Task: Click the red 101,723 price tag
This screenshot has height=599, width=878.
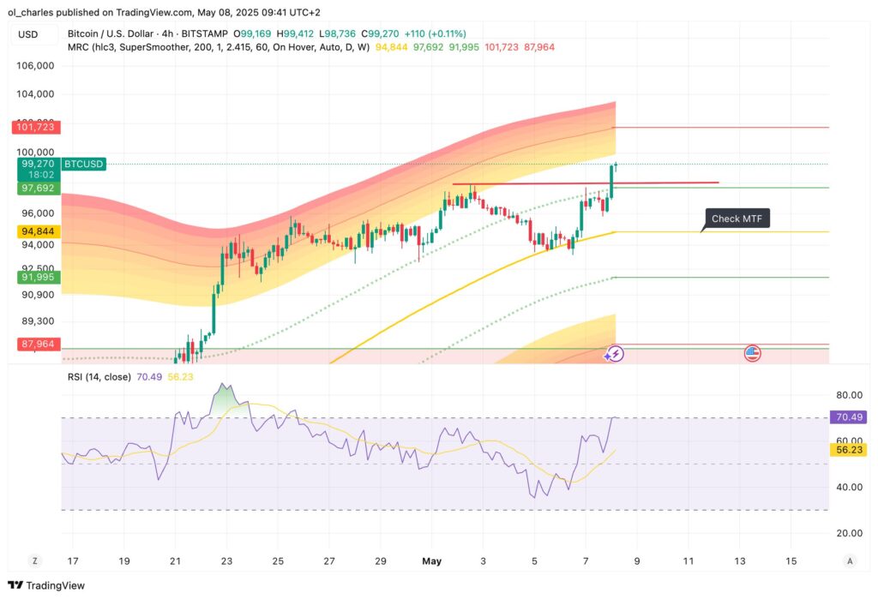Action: (34, 127)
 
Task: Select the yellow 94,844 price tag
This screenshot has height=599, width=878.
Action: (34, 231)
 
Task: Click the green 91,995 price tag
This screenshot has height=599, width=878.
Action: (34, 277)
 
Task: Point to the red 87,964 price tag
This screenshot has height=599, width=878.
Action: (34, 344)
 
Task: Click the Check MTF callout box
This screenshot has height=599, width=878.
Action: (737, 219)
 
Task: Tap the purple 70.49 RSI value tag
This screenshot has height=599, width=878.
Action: (848, 417)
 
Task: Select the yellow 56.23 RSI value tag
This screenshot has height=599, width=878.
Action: (848, 448)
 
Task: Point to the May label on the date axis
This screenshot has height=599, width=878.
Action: (431, 561)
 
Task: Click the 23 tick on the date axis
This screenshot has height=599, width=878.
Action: (227, 561)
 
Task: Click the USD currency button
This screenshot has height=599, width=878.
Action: (27, 34)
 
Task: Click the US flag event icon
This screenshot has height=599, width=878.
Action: (753, 353)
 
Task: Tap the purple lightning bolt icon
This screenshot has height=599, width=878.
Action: (614, 353)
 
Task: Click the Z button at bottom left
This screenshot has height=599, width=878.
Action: (35, 561)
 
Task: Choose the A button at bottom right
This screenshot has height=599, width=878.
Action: (849, 561)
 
